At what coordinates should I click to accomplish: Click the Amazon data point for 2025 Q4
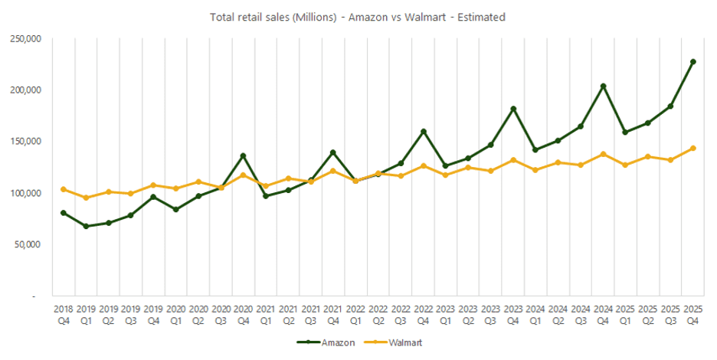[x=692, y=61]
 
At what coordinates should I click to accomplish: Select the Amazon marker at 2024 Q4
[x=603, y=86]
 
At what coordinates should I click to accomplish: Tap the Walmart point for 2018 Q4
[x=63, y=189]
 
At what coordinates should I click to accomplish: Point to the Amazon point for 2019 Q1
[x=86, y=226]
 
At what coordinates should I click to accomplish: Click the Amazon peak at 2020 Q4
[x=243, y=155]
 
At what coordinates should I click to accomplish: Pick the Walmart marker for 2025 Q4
[x=692, y=148]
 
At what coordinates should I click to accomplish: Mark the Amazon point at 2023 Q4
[x=513, y=109]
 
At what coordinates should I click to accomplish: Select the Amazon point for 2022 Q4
[x=423, y=131]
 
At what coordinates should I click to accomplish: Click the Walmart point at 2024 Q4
[x=603, y=154]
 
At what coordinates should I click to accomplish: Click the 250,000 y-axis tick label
[x=27, y=38]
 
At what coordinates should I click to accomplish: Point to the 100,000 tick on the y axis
[x=27, y=193]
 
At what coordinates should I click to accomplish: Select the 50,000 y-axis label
[x=29, y=244]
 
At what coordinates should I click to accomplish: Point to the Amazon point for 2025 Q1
[x=625, y=132]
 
